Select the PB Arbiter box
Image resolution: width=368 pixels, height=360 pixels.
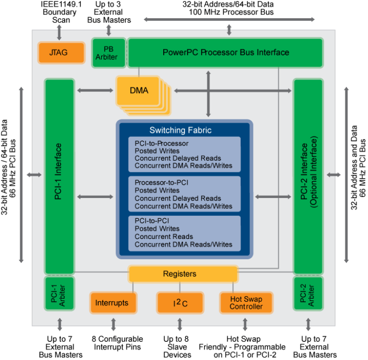(x=109, y=52)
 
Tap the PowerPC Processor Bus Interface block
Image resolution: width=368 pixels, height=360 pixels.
(x=225, y=52)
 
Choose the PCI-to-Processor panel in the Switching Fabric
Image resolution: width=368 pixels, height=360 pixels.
(x=184, y=155)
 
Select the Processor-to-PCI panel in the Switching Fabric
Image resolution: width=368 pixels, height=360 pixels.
(x=184, y=194)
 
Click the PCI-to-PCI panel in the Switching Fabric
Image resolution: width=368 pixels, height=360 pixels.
(x=184, y=233)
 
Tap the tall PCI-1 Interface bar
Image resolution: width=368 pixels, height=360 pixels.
(x=59, y=175)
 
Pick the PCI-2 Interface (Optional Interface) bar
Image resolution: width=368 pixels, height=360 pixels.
(x=308, y=175)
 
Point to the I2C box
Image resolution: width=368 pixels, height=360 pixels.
(x=180, y=303)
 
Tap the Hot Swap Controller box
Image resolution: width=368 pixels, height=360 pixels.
(x=246, y=303)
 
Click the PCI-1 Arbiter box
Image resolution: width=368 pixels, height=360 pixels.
(x=59, y=294)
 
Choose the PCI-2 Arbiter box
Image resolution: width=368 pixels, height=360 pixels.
(x=308, y=294)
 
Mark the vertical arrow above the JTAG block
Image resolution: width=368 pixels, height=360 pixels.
(x=59, y=31)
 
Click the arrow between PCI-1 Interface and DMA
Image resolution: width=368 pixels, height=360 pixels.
(x=95, y=90)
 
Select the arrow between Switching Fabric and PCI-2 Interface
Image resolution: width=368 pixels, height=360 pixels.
(x=273, y=197)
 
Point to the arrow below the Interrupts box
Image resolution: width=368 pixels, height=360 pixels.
(x=113, y=324)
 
